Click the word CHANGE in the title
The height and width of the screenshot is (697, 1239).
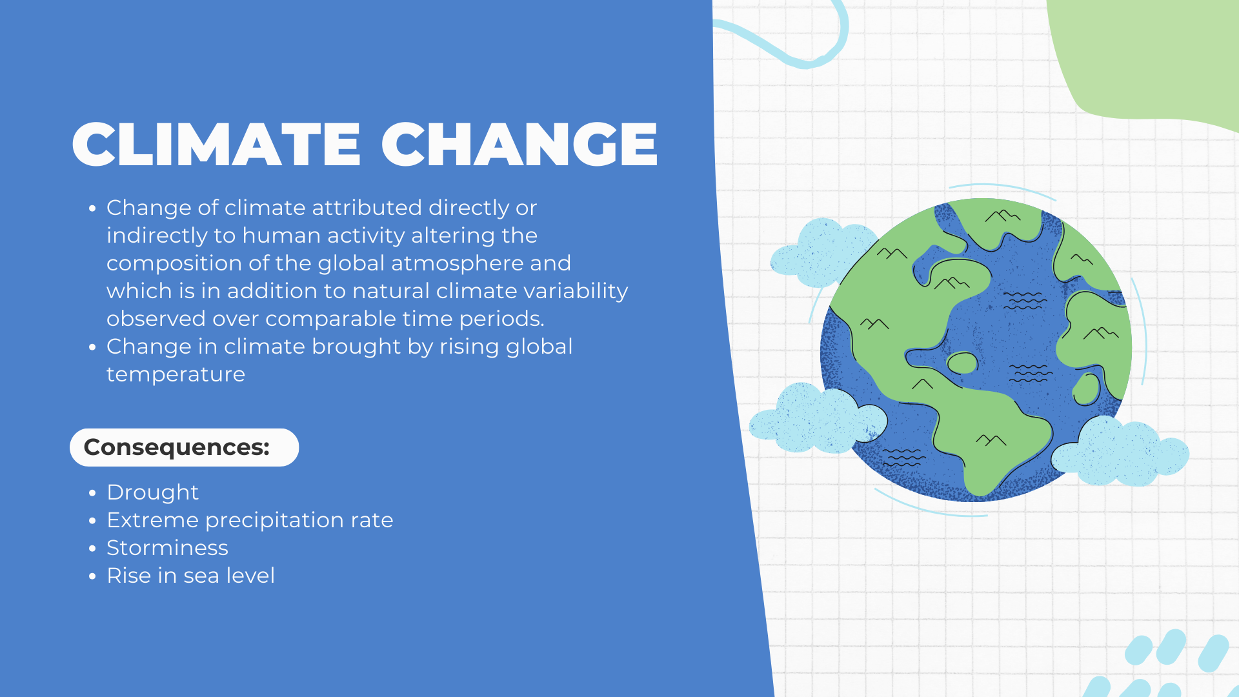[519, 145]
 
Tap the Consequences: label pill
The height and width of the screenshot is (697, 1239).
[184, 447]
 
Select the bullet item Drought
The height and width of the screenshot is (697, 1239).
[152, 492]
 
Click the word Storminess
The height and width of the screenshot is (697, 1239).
[167, 548]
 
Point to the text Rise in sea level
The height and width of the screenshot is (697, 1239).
[190, 576]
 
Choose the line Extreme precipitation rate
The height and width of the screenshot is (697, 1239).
[250, 520]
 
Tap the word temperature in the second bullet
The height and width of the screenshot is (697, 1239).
[176, 375]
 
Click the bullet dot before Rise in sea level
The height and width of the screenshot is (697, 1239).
[92, 576]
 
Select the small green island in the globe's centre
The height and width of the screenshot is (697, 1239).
[962, 363]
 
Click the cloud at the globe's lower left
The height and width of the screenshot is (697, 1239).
[816, 419]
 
